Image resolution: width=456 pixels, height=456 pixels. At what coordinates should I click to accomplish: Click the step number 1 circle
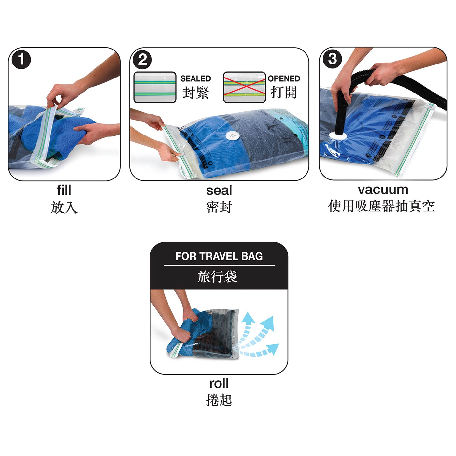[x=21, y=60]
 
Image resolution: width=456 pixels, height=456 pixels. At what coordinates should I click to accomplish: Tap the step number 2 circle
[x=142, y=60]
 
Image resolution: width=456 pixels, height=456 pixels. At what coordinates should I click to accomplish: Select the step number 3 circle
[x=333, y=59]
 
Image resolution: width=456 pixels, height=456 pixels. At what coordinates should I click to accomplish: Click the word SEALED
[x=195, y=78]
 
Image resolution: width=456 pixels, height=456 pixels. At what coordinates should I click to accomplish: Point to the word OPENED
[x=284, y=78]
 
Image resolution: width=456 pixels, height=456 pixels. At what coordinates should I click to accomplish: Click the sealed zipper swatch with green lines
[x=155, y=87]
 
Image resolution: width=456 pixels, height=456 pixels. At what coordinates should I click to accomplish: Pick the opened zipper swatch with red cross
[x=244, y=87]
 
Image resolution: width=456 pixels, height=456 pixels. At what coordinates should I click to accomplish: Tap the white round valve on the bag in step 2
[x=233, y=136]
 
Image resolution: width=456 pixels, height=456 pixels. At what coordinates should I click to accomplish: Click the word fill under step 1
[x=64, y=190]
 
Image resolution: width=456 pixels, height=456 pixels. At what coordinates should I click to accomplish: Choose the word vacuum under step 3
[x=383, y=190]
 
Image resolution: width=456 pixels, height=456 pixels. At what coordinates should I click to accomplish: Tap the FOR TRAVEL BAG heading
[x=219, y=256]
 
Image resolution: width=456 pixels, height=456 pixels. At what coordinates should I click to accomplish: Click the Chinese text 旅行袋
[x=217, y=277]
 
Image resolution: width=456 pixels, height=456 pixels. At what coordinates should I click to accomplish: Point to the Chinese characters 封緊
[x=195, y=92]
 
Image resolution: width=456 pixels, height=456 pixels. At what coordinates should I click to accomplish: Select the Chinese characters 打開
[x=284, y=92]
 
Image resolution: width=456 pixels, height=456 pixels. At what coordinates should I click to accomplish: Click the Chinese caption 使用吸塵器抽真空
[x=381, y=206]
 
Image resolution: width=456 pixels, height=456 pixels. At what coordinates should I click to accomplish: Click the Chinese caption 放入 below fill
[x=64, y=207]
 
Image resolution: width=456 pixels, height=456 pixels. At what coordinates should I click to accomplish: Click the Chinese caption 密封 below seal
[x=219, y=207]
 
